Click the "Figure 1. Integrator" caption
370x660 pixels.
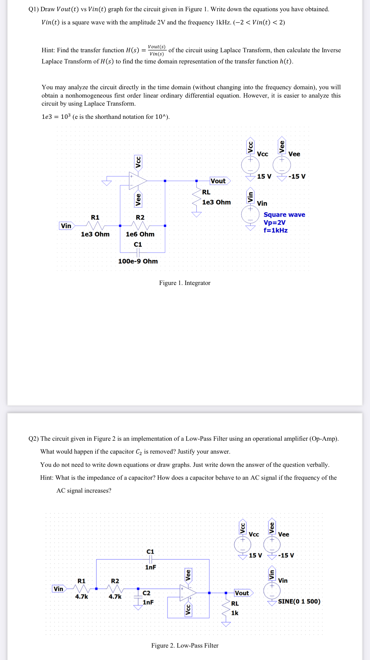185,283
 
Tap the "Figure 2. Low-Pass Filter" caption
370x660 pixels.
185,645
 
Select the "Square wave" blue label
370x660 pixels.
284,215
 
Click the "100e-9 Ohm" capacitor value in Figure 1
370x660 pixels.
138,261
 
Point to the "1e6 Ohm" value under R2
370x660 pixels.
140,234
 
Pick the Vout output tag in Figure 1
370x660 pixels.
219,181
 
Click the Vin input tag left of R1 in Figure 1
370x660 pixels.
66,226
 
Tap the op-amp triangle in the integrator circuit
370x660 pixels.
137,181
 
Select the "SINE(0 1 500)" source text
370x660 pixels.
299,601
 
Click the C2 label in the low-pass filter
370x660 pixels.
146,593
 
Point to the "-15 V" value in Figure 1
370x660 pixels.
297,176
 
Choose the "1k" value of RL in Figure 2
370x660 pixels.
235,613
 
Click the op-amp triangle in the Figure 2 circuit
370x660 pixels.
187,593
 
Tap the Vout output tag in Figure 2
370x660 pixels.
243,593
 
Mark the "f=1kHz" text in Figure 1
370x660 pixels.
275,230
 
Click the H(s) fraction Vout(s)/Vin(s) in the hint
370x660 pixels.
157,50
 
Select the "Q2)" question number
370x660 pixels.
34,439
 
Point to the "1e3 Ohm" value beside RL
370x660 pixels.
216,202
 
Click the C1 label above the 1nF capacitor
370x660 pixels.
150,552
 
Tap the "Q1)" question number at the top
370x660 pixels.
34,9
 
